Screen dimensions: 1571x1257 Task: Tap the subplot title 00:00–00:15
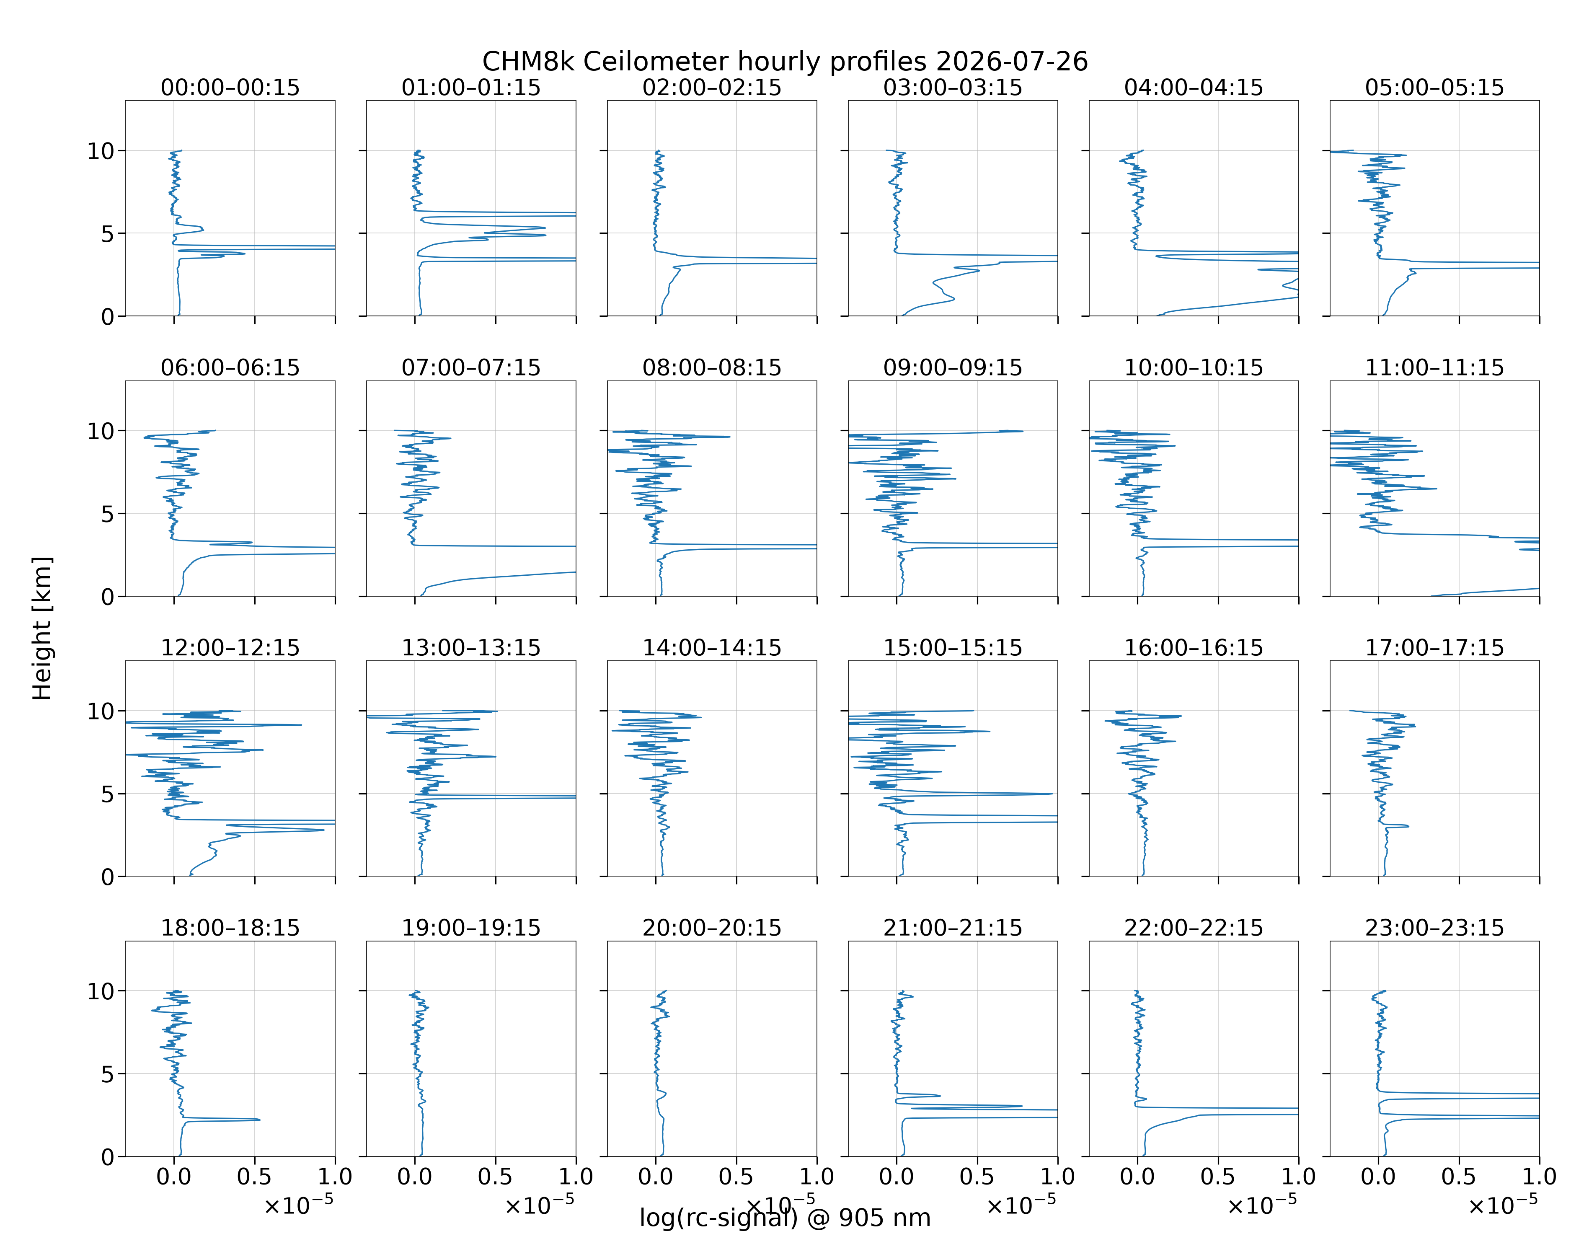click(230, 88)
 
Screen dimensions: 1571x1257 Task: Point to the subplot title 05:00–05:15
click(1434, 88)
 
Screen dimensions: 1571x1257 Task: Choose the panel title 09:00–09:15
click(952, 367)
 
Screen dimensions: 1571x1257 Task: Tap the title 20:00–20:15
click(712, 928)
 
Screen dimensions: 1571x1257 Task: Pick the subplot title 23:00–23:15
click(1434, 928)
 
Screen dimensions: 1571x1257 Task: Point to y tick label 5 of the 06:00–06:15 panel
click(108, 514)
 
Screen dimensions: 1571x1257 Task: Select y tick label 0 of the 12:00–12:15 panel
click(108, 877)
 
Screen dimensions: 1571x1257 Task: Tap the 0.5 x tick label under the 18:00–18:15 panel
click(254, 1176)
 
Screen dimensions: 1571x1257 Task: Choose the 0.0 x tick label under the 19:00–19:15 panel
click(415, 1176)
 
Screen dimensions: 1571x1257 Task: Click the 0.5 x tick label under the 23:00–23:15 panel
click(1459, 1176)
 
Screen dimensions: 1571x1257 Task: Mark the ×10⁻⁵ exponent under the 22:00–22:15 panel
click(1262, 1204)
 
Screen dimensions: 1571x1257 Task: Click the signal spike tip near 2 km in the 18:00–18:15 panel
click(259, 1119)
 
